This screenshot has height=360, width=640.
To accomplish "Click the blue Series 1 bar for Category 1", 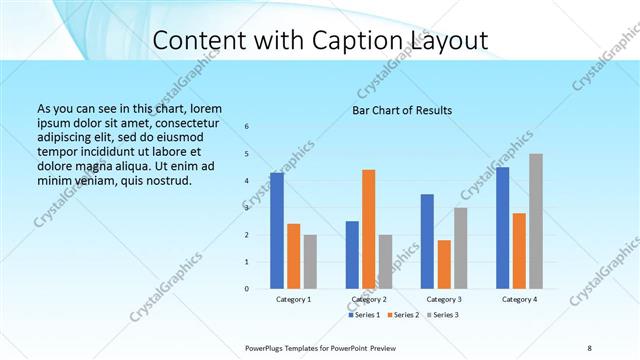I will point(276,230).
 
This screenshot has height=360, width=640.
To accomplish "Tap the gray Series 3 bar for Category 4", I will point(536,221).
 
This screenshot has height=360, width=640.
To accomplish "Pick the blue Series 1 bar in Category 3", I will point(427,241).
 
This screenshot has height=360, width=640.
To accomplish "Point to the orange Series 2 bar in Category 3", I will point(444,264).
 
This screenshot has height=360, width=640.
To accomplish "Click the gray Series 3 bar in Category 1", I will point(310,261).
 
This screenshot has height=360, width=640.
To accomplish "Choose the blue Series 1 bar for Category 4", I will point(502,227).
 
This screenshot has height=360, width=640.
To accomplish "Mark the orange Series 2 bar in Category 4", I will point(519,250).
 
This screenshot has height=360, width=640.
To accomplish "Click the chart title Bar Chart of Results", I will point(402,110).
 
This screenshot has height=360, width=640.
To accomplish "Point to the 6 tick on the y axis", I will point(247,126).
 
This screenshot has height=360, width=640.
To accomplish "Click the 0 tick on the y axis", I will point(247,288).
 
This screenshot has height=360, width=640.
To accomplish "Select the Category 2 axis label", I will point(368,299).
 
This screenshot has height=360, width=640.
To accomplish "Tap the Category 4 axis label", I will point(519,299).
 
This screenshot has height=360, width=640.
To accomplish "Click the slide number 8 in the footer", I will point(589,347).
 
